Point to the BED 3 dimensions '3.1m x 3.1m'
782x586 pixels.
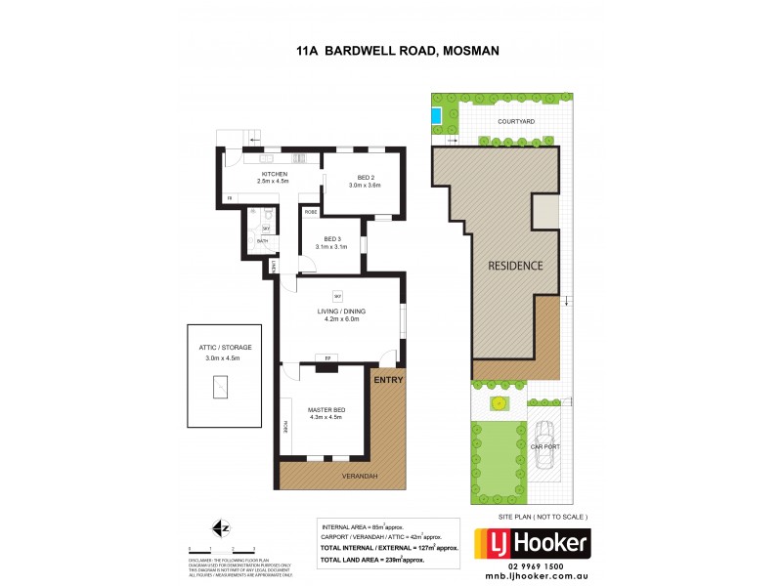[x=332, y=246]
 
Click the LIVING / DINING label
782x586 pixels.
[x=338, y=311]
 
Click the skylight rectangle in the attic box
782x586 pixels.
[x=222, y=389]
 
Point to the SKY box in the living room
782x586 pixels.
[x=337, y=295]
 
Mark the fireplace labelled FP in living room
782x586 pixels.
[x=326, y=359]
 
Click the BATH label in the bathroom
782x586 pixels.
[x=262, y=240]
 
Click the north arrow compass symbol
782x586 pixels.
[x=223, y=528]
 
